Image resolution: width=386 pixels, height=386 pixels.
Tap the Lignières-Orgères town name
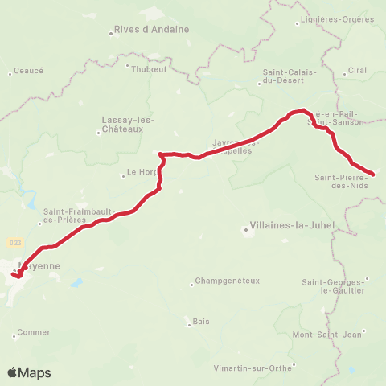click(331, 18)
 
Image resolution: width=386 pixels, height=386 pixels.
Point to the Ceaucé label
click(28, 72)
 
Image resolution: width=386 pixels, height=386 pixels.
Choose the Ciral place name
click(356, 71)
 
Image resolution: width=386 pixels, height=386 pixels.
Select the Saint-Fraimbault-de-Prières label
click(71, 216)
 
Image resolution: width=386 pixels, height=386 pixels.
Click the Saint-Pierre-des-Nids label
click(342, 181)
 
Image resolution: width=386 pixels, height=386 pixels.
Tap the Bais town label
click(201, 322)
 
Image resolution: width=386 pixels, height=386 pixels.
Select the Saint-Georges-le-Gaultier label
click(334, 286)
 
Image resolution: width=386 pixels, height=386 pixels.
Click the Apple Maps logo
click(29, 372)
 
